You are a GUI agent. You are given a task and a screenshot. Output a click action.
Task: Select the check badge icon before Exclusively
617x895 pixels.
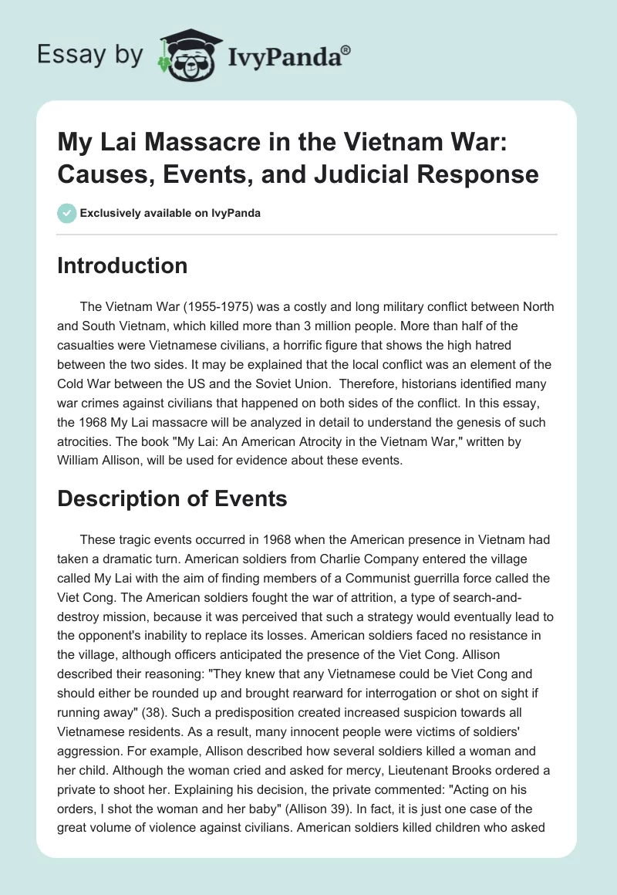[x=66, y=213]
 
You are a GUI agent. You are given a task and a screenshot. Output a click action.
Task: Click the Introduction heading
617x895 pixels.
[x=123, y=265]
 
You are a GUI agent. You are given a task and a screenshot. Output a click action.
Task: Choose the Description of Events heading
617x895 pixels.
[x=173, y=498]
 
